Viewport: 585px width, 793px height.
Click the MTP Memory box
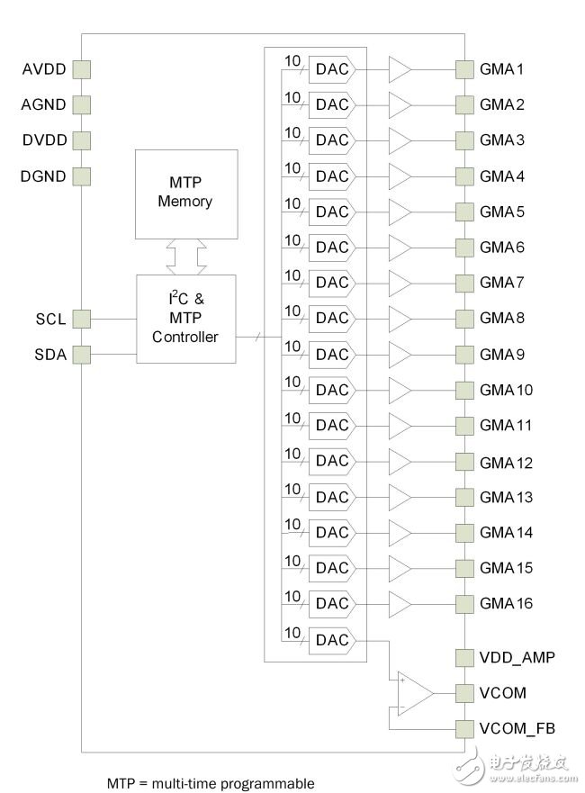point(186,194)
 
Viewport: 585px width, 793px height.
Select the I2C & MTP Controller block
point(186,319)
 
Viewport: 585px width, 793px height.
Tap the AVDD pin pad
point(81,69)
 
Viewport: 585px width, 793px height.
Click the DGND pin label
point(43,176)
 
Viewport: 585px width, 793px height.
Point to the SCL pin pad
point(81,319)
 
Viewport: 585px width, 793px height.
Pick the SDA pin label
point(50,355)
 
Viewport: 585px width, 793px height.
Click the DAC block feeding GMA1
point(332,69)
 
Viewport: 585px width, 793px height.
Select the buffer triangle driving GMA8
point(400,319)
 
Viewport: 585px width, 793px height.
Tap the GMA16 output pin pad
point(464,603)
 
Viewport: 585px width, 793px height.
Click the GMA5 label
point(502,212)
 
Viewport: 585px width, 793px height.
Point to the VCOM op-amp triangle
point(416,693)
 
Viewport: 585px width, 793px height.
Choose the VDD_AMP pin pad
point(464,657)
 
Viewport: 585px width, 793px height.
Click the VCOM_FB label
point(517,728)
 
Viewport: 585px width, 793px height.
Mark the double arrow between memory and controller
point(186,257)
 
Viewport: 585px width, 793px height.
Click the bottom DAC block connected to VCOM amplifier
point(332,640)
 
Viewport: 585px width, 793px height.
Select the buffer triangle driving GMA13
point(400,497)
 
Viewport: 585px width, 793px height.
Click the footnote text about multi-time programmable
point(211,783)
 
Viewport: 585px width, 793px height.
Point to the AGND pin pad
point(81,104)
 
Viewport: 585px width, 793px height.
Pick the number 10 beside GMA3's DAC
point(292,132)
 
